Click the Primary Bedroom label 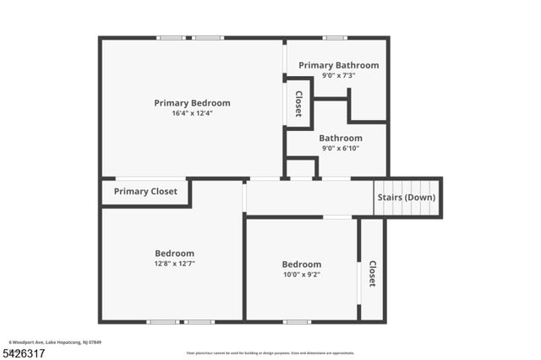coord(192,103)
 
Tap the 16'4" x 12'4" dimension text coord(192,113)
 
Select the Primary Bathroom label coord(338,65)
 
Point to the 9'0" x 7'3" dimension coord(338,75)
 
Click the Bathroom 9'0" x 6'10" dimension coord(341,149)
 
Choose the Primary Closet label coord(145,192)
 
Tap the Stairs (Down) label coord(407,198)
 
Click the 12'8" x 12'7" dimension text coord(174,264)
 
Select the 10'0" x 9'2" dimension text coord(301,274)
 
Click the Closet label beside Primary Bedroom coord(298,103)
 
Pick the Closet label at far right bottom coord(372,273)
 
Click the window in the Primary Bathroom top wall coord(335,37)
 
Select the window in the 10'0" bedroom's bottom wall coord(297,321)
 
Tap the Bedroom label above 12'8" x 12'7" coord(174,254)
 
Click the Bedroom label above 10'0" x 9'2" coord(301,264)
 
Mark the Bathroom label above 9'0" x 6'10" coord(341,139)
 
